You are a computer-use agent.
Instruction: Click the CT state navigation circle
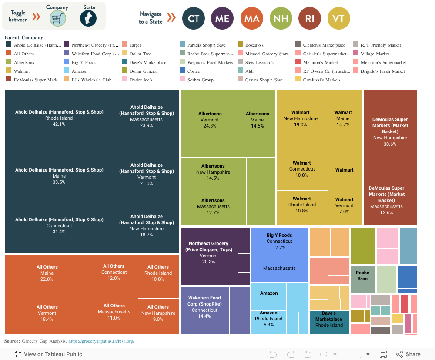(193, 18)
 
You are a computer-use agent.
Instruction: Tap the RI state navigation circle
(310, 18)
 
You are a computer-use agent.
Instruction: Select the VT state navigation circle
(338, 18)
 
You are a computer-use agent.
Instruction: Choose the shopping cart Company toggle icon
(57, 18)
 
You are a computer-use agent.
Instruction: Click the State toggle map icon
(88, 18)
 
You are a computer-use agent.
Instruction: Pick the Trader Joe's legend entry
(141, 80)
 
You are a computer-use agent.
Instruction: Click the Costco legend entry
(194, 71)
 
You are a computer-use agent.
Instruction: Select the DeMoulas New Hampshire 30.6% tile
(390, 135)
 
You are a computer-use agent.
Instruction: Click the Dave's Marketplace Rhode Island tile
(329, 323)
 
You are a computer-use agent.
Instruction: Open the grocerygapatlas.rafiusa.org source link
(101, 341)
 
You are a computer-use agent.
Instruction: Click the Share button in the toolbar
(408, 354)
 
